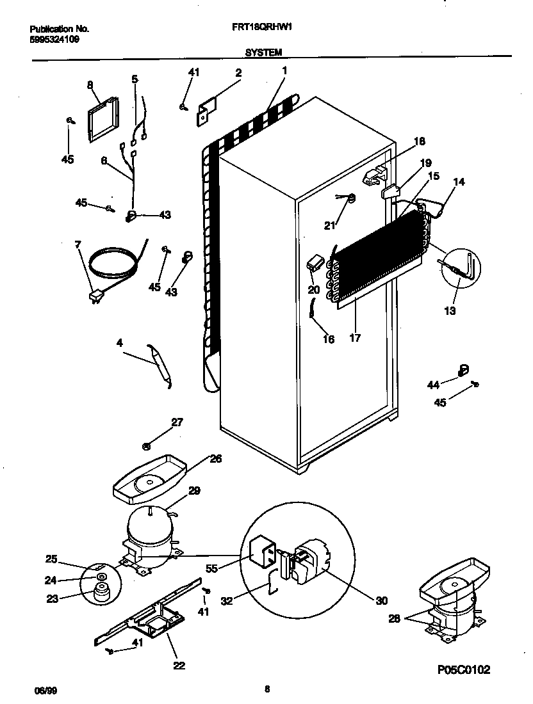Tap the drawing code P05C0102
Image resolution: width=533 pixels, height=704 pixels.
464,670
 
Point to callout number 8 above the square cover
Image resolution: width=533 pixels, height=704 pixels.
90,84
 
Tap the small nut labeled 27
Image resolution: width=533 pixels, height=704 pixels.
147,445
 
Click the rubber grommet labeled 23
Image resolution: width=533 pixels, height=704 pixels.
101,593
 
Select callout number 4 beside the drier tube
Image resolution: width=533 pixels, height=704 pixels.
119,342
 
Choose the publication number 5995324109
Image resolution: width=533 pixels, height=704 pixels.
55,39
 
